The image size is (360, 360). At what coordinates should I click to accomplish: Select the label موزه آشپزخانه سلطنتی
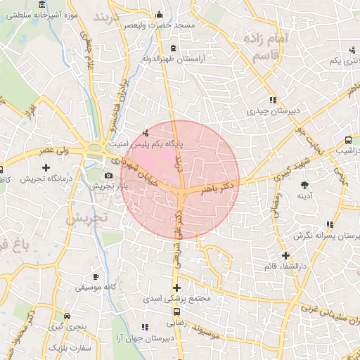[x=39, y=13]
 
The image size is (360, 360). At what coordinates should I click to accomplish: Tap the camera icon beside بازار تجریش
[x=108, y=175]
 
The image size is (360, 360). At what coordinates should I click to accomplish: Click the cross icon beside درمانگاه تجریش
[x=46, y=167]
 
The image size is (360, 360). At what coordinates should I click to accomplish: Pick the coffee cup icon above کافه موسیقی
[x=96, y=276]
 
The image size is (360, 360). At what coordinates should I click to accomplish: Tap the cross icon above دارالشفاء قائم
[x=285, y=255]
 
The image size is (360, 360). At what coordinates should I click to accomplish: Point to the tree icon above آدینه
[x=304, y=185]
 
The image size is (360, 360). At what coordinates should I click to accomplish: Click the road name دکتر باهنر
[x=219, y=186]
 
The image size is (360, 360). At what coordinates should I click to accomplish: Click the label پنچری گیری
[x=65, y=328]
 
